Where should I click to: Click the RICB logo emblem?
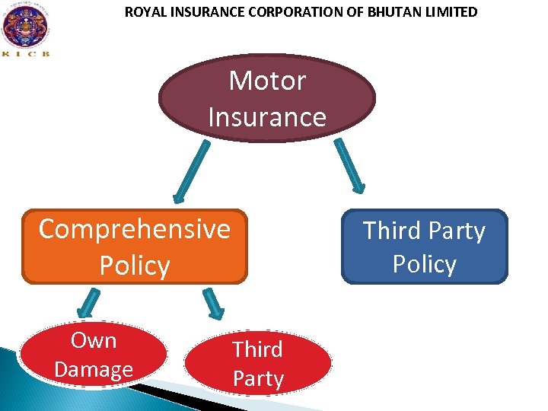pos(25,25)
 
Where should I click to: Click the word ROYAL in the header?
pos(144,12)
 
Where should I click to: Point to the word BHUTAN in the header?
pos(399,12)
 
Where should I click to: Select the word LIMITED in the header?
pos(451,12)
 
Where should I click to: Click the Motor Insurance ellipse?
pos(267,97)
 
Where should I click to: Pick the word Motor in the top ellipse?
pos(267,80)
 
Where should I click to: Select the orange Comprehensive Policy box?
pos(135,246)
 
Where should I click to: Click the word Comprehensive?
pos(135,228)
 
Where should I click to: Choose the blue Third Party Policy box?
pos(424,247)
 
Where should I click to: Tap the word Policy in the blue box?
pos(424,264)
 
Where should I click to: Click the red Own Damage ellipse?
pos(94,355)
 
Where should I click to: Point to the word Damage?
pos(94,369)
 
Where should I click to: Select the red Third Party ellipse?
pos(258,364)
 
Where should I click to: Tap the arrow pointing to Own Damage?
pos(88,302)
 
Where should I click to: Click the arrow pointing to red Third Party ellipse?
pos(214,302)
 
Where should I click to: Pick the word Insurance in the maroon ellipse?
pos(267,116)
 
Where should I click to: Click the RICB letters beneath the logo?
pos(25,54)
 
